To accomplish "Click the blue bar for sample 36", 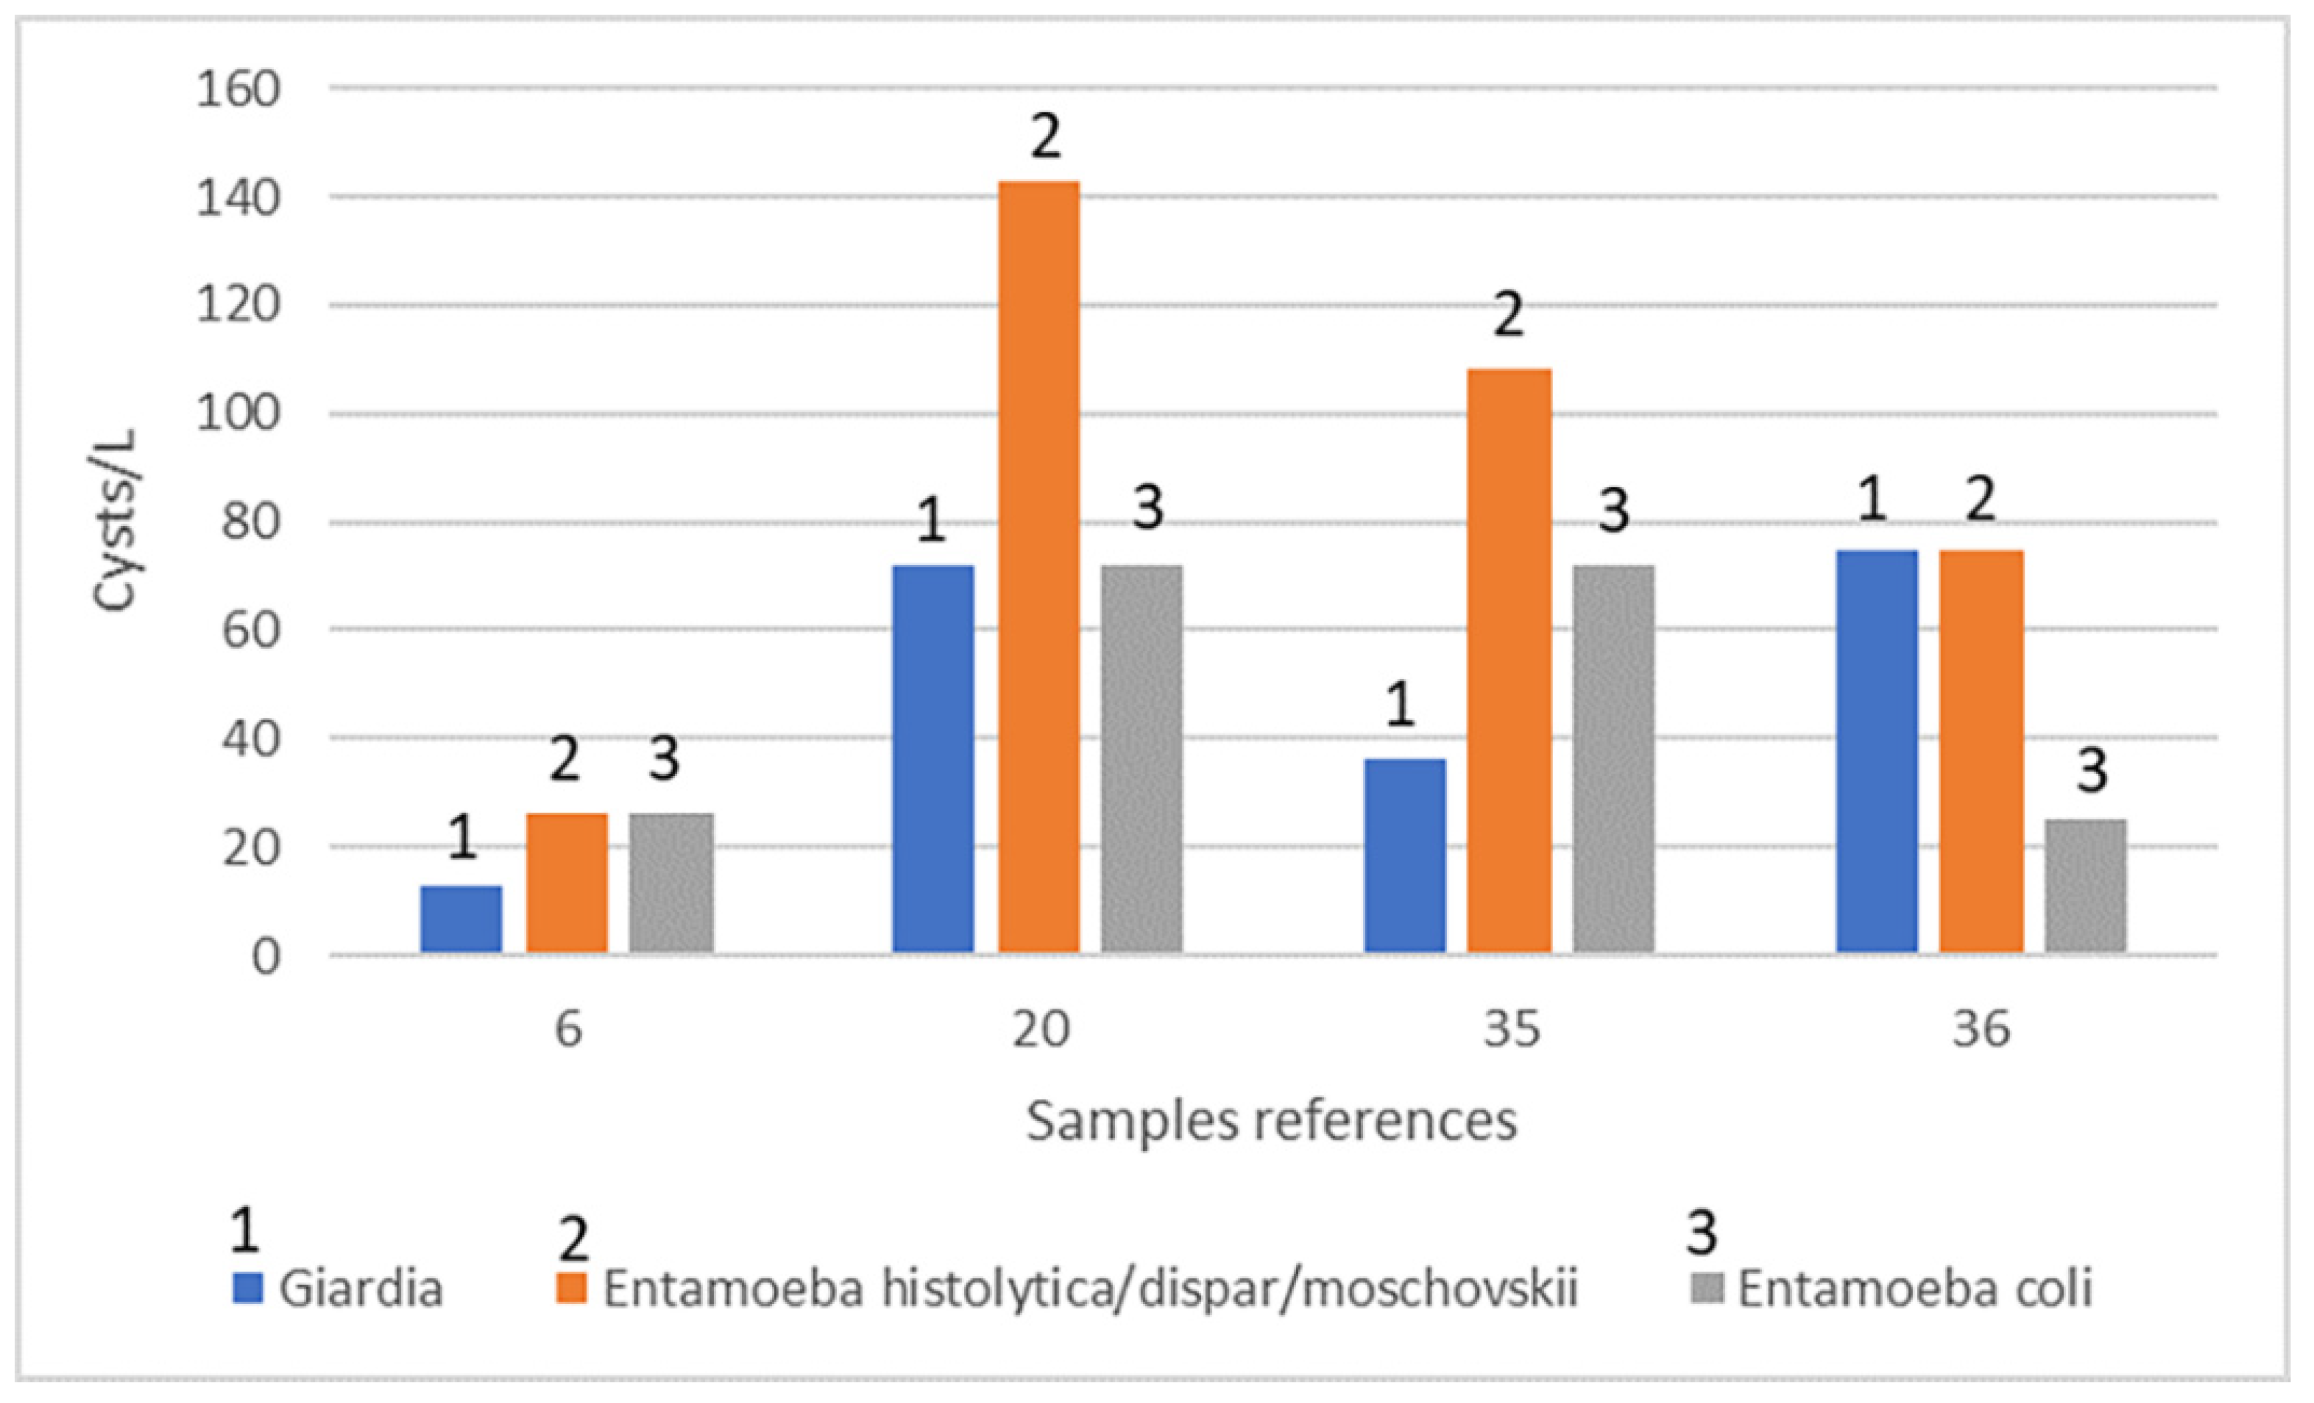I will click(1876, 751).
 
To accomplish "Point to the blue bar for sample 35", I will click(1405, 856).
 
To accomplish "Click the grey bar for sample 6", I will click(672, 883).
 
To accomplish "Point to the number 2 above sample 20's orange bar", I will click(1045, 137).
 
